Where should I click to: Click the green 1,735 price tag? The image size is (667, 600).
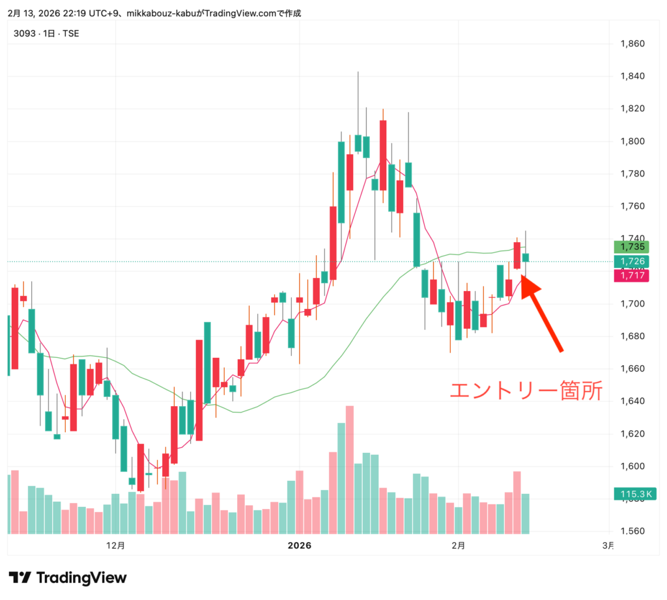pyautogui.click(x=633, y=247)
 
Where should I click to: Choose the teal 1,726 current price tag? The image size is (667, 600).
pyautogui.click(x=633, y=262)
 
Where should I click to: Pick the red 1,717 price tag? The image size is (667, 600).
pyautogui.click(x=633, y=276)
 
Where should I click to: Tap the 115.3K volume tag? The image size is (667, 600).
pyautogui.click(x=634, y=495)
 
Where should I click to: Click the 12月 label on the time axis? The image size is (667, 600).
pyautogui.click(x=115, y=545)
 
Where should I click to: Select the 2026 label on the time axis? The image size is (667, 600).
pyautogui.click(x=300, y=545)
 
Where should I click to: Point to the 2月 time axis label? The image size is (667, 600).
pyautogui.click(x=459, y=545)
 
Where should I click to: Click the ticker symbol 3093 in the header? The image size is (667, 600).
pyautogui.click(x=24, y=33)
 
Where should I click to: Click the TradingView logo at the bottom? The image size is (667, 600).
pyautogui.click(x=68, y=577)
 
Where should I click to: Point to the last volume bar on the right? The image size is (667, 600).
pyautogui.click(x=525, y=513)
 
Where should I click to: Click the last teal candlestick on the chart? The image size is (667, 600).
pyautogui.click(x=525, y=258)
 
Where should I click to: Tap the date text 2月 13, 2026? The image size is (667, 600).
pyautogui.click(x=33, y=13)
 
